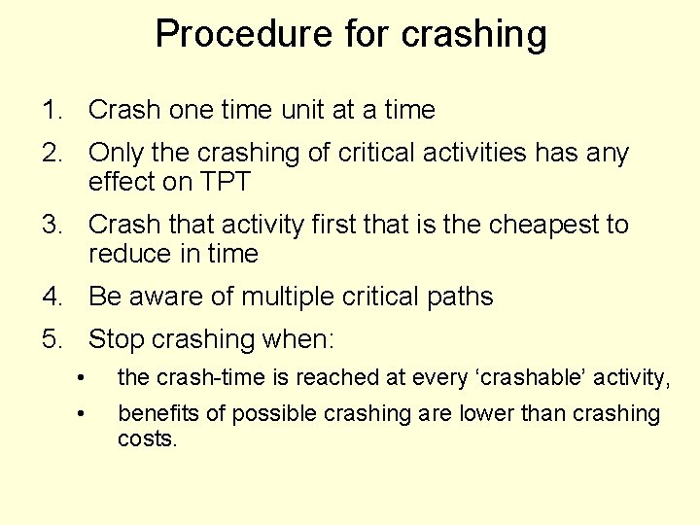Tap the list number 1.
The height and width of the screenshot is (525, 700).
pos(50,111)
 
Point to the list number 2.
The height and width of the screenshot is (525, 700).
pos(50,154)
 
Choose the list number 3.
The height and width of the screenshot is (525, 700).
pos(50,225)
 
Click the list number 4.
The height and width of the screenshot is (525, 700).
pos(50,297)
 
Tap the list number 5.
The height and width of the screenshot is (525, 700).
pos(50,340)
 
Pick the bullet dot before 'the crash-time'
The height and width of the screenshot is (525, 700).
pos(86,377)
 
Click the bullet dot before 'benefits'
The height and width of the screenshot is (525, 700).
pos(86,415)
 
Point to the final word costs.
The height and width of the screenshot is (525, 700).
pos(147,438)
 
